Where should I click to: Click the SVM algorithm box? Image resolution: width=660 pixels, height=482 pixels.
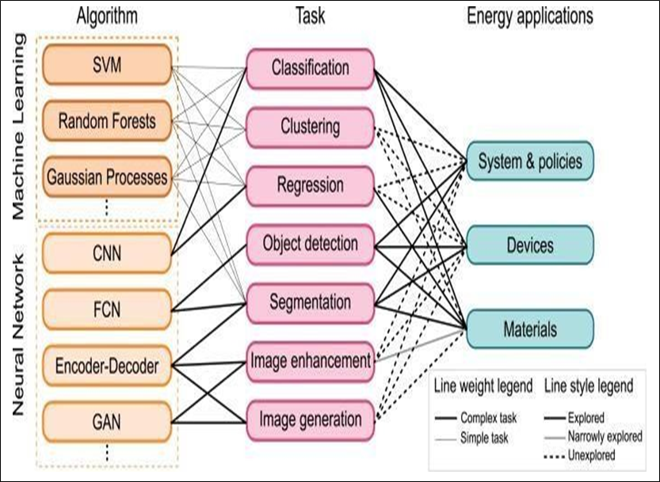click(x=106, y=65)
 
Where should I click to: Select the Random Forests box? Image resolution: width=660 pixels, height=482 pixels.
click(x=106, y=122)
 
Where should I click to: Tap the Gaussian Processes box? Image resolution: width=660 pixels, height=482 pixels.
click(x=106, y=176)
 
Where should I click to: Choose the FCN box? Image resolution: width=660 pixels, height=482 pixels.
click(x=106, y=309)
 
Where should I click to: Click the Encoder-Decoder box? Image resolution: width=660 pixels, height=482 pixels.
click(x=106, y=366)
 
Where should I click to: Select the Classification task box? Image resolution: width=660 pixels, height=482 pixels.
click(x=310, y=68)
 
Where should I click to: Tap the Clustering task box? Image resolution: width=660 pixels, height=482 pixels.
click(x=310, y=127)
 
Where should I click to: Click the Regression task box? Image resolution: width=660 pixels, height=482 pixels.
click(x=310, y=185)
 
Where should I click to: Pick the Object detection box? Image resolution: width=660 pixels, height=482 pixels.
click(x=310, y=244)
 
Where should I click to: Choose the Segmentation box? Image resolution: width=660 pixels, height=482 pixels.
click(x=310, y=302)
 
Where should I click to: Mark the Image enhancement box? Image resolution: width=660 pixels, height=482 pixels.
click(x=310, y=361)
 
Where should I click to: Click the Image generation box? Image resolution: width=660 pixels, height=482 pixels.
click(x=310, y=419)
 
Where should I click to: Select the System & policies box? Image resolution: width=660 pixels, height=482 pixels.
click(x=530, y=162)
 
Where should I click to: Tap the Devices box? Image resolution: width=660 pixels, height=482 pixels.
click(x=530, y=245)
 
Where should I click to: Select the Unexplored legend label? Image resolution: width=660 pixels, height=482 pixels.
click(x=590, y=455)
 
